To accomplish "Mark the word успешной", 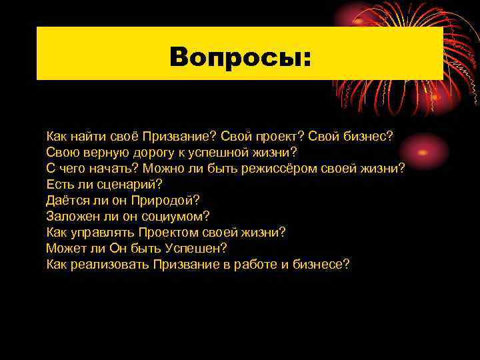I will (x=227, y=152).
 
